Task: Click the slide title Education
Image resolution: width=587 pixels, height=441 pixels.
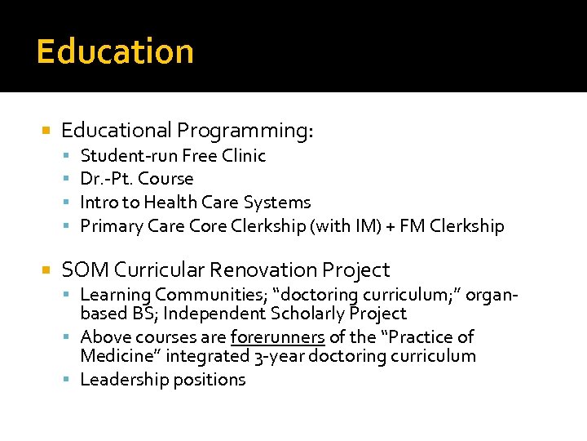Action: (115, 51)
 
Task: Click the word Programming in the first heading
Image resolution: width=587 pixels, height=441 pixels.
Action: (245, 131)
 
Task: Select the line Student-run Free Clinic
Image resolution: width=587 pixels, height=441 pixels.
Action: (173, 155)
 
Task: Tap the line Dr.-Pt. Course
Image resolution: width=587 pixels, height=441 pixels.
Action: (137, 178)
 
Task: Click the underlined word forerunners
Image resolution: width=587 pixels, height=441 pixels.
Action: (278, 337)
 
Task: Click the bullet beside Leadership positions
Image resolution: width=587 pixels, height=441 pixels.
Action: (71, 380)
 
